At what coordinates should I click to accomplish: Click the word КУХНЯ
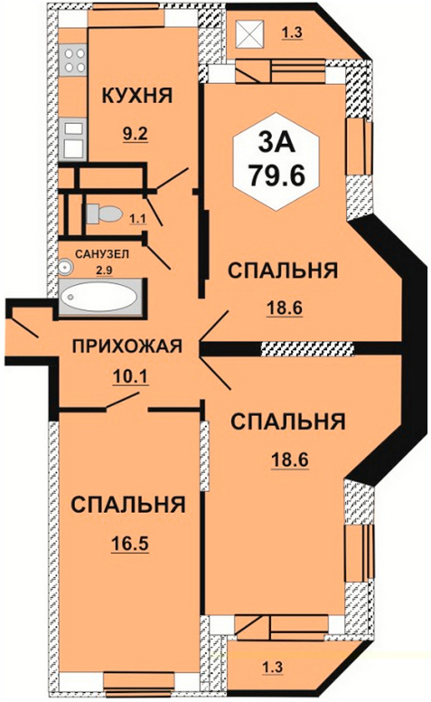coord(137,95)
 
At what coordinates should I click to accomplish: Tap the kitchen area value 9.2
coord(136,133)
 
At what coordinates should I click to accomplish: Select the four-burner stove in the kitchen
coord(74,60)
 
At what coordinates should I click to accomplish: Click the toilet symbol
coord(103,213)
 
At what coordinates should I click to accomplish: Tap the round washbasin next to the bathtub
coord(65,267)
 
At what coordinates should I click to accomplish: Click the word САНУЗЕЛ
coord(102,254)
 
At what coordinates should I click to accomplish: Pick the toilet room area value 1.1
coord(137,219)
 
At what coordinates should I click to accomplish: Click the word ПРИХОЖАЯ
coord(127,346)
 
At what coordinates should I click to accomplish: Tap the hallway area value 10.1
coord(129,376)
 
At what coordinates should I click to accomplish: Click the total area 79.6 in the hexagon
coord(276,175)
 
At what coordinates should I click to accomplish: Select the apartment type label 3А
coord(276,143)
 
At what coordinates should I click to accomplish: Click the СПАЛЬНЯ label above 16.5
coord(128,505)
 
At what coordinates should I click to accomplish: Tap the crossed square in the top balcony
coord(250,34)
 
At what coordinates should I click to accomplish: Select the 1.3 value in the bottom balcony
coord(273,667)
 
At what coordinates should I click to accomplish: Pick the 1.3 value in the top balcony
coord(292,33)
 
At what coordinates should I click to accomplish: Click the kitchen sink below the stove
coord(74,138)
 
